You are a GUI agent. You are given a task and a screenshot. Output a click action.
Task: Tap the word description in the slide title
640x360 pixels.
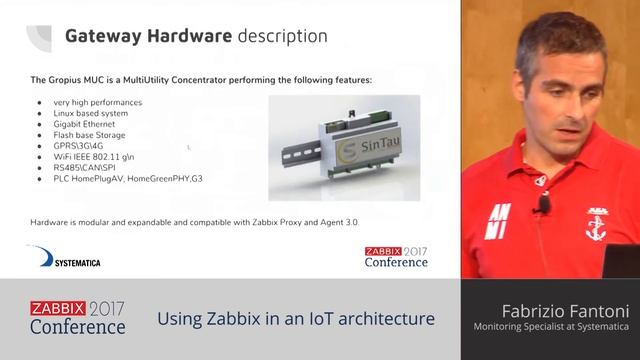(282, 36)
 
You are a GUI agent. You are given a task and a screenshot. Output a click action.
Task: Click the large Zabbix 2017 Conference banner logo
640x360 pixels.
(78, 318)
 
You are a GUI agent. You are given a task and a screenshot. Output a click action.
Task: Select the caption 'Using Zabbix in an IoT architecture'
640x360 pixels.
(296, 319)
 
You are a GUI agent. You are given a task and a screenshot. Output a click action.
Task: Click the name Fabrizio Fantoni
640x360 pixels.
(558, 310)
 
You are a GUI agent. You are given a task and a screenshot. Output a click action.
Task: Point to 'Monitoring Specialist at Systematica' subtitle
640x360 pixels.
(551, 327)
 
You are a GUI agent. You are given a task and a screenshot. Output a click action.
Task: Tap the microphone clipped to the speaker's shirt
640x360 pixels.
(543, 206)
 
